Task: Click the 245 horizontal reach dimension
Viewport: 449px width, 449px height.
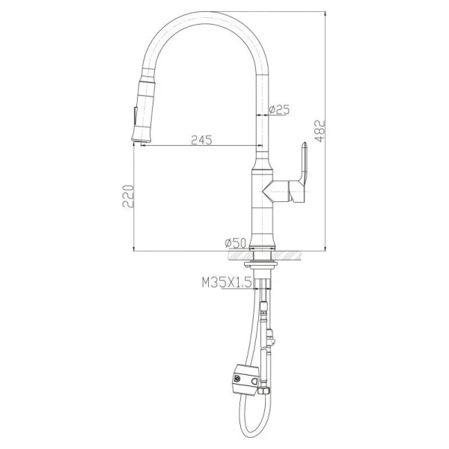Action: (x=201, y=139)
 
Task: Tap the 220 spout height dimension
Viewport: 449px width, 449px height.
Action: (x=128, y=198)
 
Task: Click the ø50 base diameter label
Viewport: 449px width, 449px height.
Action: (x=236, y=242)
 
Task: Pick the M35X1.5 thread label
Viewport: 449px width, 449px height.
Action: (x=226, y=283)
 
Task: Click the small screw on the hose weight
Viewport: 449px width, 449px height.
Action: (x=237, y=378)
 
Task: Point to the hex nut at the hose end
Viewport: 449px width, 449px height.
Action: (x=263, y=390)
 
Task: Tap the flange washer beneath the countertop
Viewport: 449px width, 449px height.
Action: (x=262, y=263)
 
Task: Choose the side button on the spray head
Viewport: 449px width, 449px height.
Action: (x=133, y=116)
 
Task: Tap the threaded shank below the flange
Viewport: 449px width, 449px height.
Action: (x=262, y=281)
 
